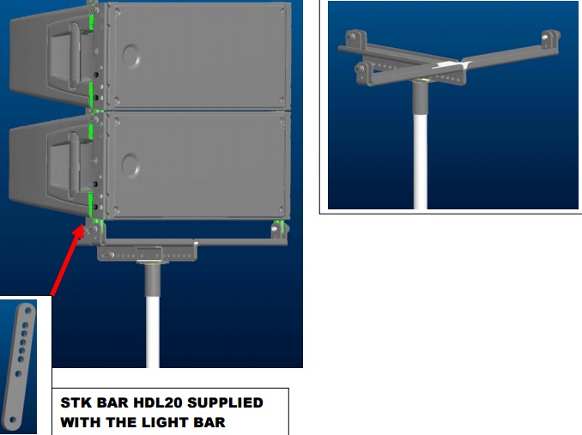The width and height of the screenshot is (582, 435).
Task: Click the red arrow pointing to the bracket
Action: [x=68, y=260]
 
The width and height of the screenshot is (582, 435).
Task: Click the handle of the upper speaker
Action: [x=74, y=56]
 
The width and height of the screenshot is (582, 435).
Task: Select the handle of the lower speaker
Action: [x=74, y=166]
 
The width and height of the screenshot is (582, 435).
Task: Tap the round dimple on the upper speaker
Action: [x=131, y=56]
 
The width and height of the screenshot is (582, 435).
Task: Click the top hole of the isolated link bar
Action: [x=28, y=310]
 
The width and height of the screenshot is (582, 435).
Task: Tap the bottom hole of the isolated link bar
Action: [x=12, y=420]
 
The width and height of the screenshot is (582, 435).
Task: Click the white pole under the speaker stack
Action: [x=153, y=331]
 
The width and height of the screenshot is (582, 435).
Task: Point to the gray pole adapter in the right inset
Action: [x=421, y=98]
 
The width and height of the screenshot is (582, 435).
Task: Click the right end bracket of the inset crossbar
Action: [x=551, y=39]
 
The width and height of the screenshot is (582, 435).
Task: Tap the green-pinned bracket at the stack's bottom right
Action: [x=280, y=229]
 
